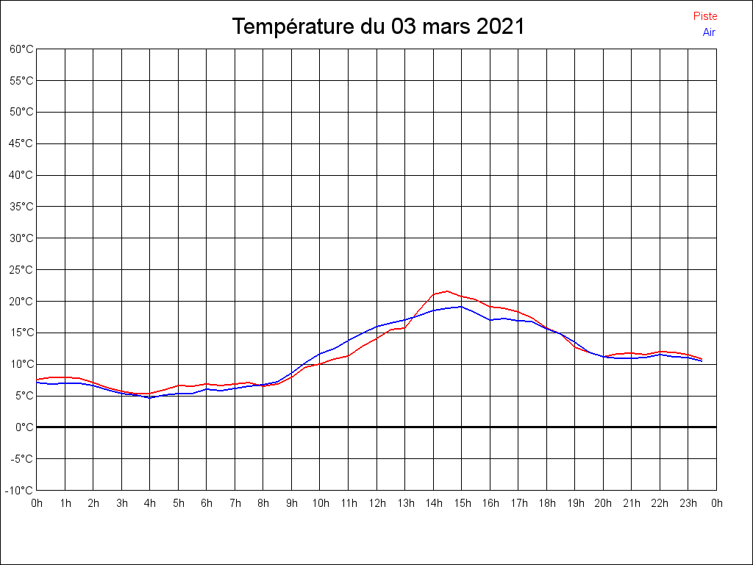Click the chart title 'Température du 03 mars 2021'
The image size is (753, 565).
click(x=378, y=27)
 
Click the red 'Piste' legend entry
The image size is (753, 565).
click(x=704, y=16)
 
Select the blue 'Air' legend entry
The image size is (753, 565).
click(x=709, y=32)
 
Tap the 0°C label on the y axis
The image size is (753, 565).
click(x=25, y=427)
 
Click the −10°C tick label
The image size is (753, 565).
click(x=21, y=490)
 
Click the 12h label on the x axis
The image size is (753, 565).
click(x=376, y=503)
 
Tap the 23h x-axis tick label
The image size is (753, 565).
click(x=688, y=503)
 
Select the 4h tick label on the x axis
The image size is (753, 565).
click(x=150, y=503)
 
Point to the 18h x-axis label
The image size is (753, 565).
click(x=547, y=503)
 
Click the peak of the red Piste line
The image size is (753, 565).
click(x=447, y=291)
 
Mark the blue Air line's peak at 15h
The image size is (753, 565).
click(x=461, y=307)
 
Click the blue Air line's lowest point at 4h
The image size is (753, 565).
click(x=150, y=397)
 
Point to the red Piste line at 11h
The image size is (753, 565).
click(x=348, y=355)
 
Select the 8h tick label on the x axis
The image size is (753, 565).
click(x=263, y=503)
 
